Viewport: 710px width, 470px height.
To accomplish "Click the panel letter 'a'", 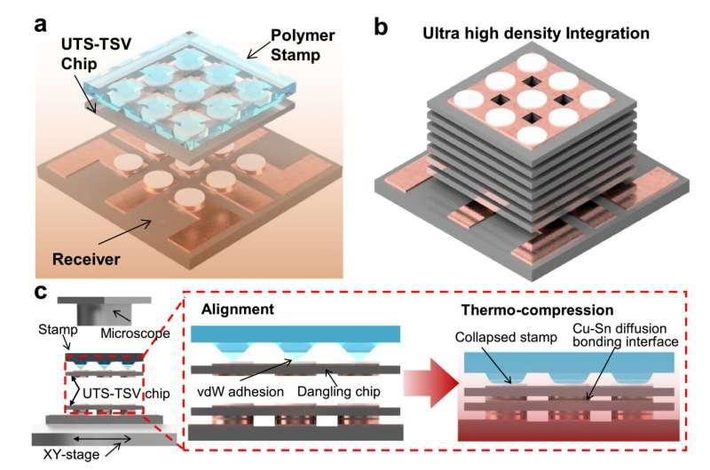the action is (40, 25).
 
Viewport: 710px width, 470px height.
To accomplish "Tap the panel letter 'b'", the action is (381, 27).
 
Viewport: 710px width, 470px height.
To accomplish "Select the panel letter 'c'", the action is (41, 293).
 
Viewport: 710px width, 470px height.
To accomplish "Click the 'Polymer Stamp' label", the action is (302, 45).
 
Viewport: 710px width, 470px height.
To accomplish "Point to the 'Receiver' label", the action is (86, 259).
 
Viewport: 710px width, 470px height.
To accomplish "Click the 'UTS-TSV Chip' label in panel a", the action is (96, 54).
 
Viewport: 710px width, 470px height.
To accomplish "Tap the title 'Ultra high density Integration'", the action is (536, 34).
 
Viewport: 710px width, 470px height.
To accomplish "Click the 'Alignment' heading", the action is (238, 309).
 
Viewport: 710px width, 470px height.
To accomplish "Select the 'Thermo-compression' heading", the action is (538, 310).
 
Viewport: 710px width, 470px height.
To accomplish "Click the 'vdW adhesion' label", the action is (241, 392).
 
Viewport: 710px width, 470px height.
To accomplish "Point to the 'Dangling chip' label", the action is (339, 392).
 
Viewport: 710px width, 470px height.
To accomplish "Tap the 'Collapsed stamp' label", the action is (506, 337).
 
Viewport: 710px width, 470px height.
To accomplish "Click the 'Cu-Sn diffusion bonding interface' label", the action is (626, 334).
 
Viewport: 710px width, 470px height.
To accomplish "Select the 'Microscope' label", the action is (135, 333).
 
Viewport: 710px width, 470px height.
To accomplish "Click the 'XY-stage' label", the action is (71, 454).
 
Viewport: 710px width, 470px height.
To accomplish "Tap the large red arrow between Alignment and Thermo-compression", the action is (431, 383).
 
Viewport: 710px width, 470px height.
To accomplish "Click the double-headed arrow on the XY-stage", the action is (102, 438).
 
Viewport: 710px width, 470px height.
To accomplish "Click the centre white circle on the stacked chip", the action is (532, 100).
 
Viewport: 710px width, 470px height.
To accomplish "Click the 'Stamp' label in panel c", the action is (58, 330).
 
